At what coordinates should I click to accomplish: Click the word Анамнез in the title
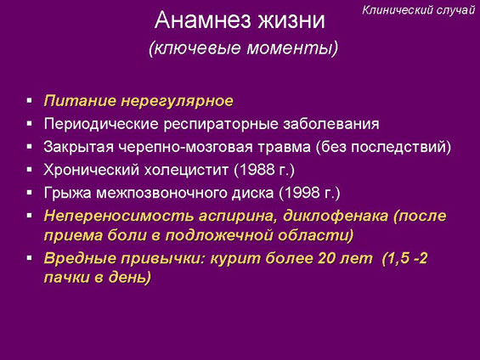coord(203,20)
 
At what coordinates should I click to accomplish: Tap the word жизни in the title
coord(291,20)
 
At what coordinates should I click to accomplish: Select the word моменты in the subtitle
coord(292,48)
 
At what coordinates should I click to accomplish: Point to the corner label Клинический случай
coord(419,10)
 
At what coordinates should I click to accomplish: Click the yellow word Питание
coord(80,101)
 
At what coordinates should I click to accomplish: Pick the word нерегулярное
coord(178,101)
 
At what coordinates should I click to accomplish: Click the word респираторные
coord(221,125)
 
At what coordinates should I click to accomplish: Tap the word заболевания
coord(331,124)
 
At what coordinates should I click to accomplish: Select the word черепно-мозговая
coord(185,147)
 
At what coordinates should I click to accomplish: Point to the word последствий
coord(398,147)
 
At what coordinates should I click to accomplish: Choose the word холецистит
coord(186,170)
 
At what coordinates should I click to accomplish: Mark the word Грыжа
coord(68,194)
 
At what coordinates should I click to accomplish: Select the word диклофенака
coord(336,217)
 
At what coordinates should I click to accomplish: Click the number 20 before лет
coord(326,258)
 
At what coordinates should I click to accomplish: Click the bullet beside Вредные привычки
coord(30,258)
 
